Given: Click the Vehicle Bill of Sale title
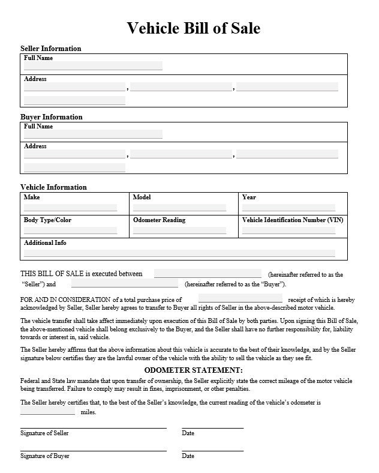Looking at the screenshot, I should (193, 28).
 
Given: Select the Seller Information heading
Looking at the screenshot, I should (51, 49).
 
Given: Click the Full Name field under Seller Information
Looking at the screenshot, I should (93, 65).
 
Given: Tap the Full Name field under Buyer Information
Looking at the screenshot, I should (93, 134).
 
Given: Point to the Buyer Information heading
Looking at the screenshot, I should (52, 117).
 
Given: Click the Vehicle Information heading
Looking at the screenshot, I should (53, 187).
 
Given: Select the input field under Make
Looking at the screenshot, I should (70, 207).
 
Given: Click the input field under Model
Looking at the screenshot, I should (179, 207).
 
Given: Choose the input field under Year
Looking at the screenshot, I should (288, 207).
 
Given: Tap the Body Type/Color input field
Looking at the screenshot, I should (70, 230).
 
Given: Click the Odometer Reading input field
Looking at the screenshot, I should (179, 230).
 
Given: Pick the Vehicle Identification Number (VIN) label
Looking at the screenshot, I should (292, 220).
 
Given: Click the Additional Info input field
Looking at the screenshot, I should (179, 253).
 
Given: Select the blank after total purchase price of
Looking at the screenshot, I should (240, 298).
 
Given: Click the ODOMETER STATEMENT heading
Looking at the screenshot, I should (193, 370).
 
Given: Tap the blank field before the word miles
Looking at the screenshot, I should (48, 412).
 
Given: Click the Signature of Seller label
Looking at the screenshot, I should (44, 433).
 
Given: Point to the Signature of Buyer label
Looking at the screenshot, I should (44, 456).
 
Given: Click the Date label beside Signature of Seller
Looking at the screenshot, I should (188, 433).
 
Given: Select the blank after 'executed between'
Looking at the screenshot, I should (207, 274).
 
